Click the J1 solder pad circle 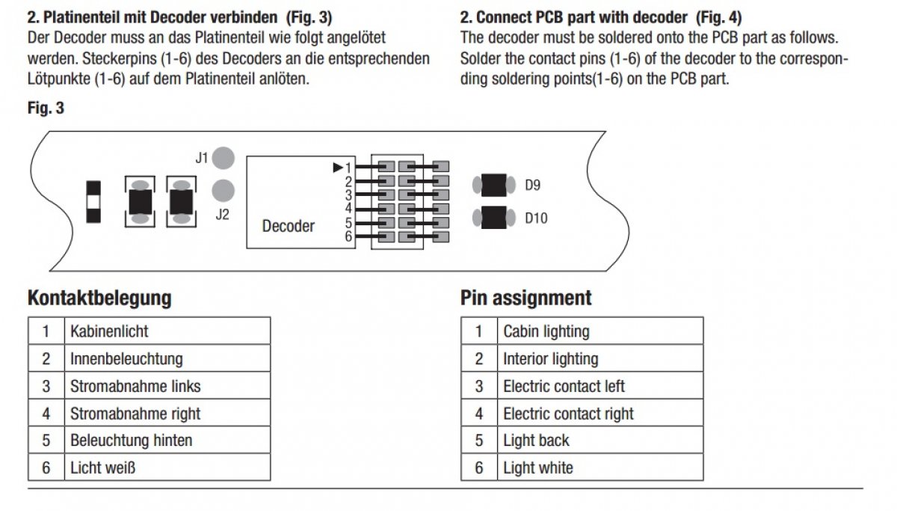click(223, 158)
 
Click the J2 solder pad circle click(223, 191)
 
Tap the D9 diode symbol click(493, 184)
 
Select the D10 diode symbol click(493, 218)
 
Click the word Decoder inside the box click(288, 226)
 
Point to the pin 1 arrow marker click(338, 168)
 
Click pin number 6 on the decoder click(348, 237)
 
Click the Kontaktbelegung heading click(99, 298)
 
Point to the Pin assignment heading click(525, 298)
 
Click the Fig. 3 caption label click(46, 108)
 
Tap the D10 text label click(536, 218)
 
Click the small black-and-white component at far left click(93, 201)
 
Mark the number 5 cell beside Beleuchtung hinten click(46, 441)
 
